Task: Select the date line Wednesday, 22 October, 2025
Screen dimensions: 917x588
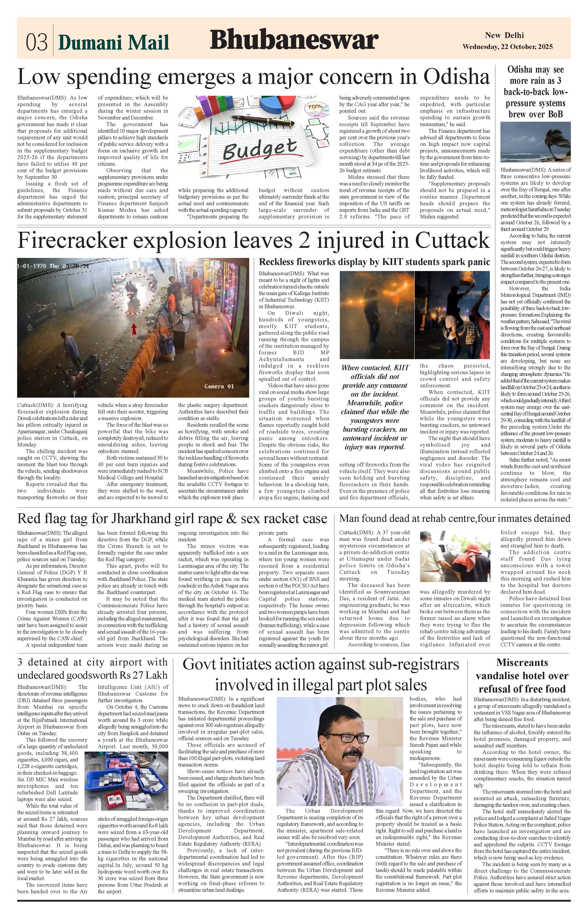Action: pyautogui.click(x=507, y=47)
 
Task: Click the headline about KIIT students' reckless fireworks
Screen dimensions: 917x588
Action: pyautogui.click(x=374, y=262)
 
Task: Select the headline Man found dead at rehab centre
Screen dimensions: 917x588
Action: pyautogui.click(x=454, y=519)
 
